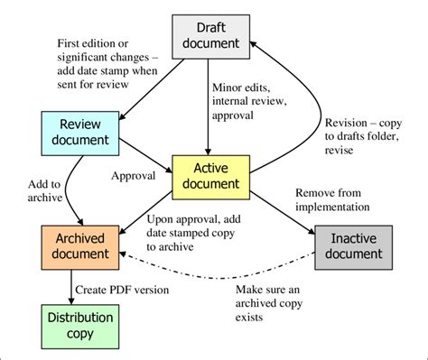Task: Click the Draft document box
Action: [x=210, y=33]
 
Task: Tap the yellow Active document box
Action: [x=210, y=177]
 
